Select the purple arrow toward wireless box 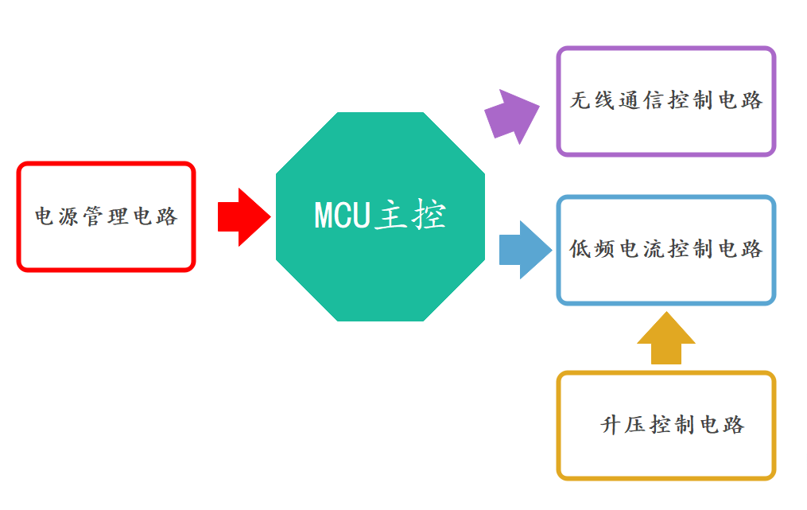pos(511,116)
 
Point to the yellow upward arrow pos(666,339)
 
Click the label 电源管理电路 pos(106,216)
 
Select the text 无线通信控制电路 pos(666,101)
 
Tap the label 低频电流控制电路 pos(666,249)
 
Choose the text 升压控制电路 pos(673,425)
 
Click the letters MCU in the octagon pos(343,216)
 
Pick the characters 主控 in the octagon pos(409,216)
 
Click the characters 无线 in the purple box pos(594,101)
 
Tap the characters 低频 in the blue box pos(594,249)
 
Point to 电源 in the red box pos(58,216)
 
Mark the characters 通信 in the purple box pos(642,101)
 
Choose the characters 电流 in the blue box pos(642,249)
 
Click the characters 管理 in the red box pos(106,216)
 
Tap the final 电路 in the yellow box pos(721,425)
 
